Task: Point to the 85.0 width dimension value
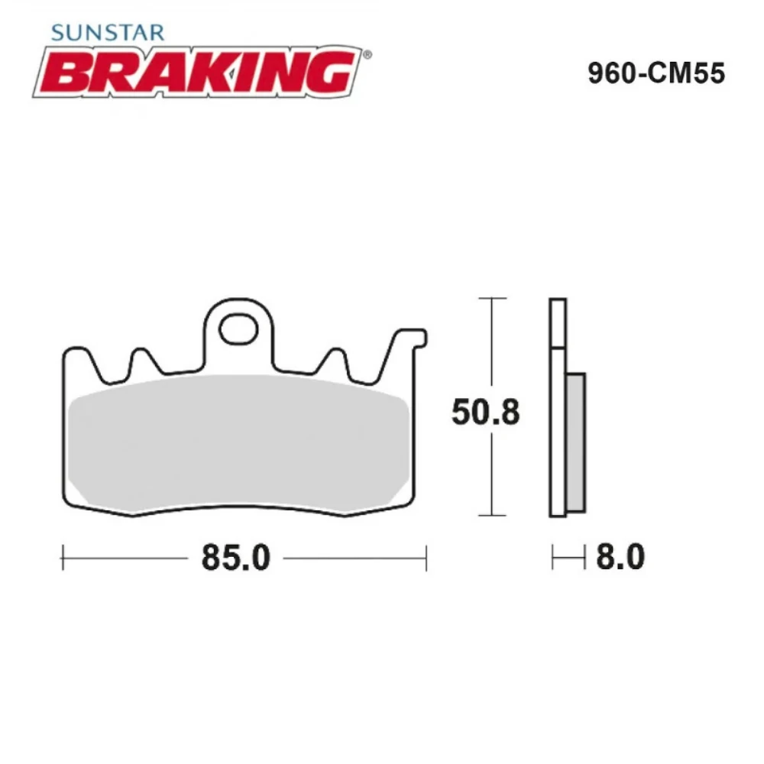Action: coord(235,558)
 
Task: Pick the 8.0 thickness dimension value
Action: coord(619,558)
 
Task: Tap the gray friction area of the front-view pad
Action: coord(237,443)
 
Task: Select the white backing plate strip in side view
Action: coord(558,405)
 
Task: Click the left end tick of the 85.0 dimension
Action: coord(62,558)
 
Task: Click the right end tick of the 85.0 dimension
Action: coord(426,558)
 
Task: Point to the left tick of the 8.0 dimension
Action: coord(553,558)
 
